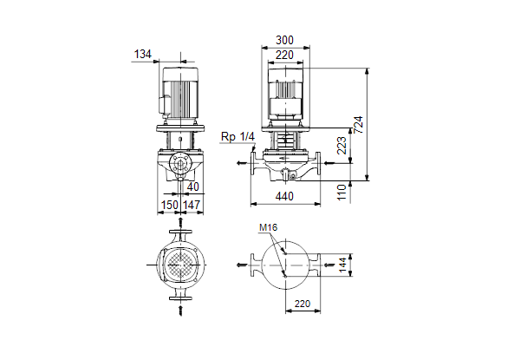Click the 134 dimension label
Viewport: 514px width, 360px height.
pyautogui.click(x=143, y=54)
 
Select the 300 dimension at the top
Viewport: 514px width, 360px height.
pyautogui.click(x=284, y=41)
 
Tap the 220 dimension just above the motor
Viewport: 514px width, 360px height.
pyautogui.click(x=284, y=56)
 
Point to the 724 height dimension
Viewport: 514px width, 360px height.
pyautogui.click(x=359, y=125)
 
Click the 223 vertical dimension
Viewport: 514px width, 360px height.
pyautogui.click(x=342, y=146)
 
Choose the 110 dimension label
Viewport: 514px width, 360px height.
pyautogui.click(x=342, y=193)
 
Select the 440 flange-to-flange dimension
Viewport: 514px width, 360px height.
pyautogui.click(x=284, y=197)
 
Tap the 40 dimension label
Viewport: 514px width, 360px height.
pyautogui.click(x=193, y=187)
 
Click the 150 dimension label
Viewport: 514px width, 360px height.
pyautogui.click(x=170, y=205)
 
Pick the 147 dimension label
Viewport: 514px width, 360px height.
pyautogui.click(x=192, y=205)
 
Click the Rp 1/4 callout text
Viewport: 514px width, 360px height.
pyautogui.click(x=237, y=137)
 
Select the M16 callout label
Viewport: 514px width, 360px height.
pyautogui.click(x=268, y=227)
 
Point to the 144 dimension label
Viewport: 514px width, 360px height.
pyautogui.click(x=342, y=265)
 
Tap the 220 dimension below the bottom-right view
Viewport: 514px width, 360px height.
pyautogui.click(x=303, y=304)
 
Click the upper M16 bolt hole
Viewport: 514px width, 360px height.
pyautogui.click(x=286, y=253)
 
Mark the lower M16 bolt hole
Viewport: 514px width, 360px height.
pyautogui.click(x=286, y=277)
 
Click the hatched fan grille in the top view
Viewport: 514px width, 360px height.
pyautogui.click(x=180, y=265)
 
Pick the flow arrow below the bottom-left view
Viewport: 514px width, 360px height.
pyautogui.click(x=180, y=311)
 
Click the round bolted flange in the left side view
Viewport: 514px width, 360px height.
pyautogui.click(x=180, y=163)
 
